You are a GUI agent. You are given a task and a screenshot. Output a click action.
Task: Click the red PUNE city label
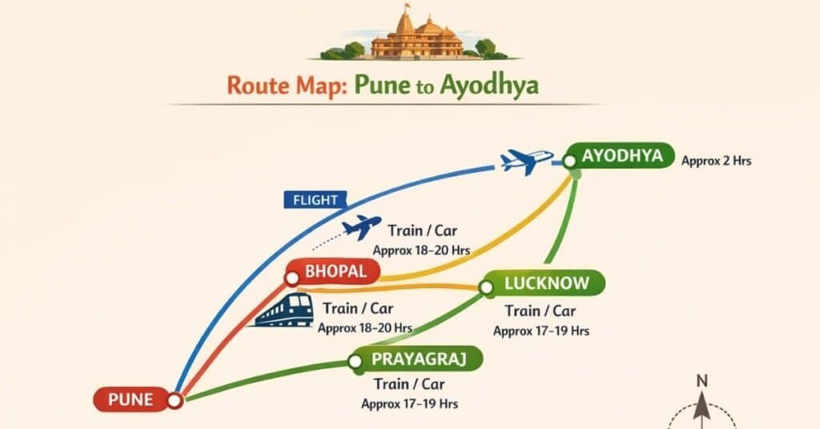pos(130,399)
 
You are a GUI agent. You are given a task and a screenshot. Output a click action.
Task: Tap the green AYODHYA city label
pos(622,156)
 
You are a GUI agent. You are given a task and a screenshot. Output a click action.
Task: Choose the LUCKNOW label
pos(547,283)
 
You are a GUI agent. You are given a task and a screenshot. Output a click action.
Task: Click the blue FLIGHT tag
pos(315,200)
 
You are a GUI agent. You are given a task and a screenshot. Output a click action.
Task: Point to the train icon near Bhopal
pos(285,310)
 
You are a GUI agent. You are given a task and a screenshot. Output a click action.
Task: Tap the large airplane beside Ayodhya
pos(526,160)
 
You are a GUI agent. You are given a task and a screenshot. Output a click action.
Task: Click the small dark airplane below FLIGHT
pos(361,227)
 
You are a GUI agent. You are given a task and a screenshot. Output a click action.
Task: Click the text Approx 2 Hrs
pos(716,161)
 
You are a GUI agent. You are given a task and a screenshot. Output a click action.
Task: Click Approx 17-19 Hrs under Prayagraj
pos(409,404)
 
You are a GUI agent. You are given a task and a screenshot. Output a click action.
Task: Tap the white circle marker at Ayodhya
pos(569,161)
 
